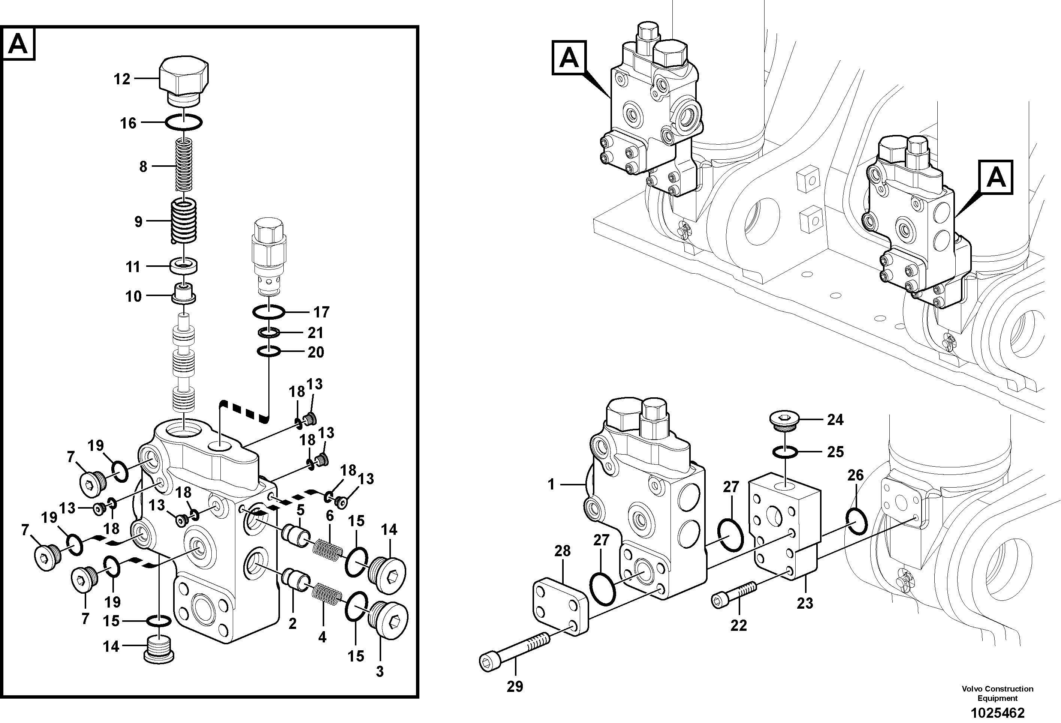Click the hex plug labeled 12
[x=184, y=80]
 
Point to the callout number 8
[x=144, y=166]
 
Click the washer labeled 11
[x=184, y=266]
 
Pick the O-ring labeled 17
[x=269, y=312]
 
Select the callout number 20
[x=316, y=352]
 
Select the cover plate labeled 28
[x=561, y=613]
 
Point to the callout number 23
[x=805, y=603]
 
